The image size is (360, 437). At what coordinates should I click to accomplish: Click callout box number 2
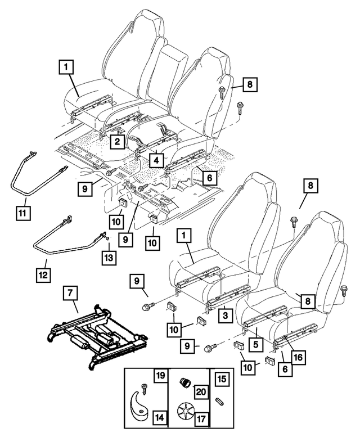pyautogui.click(x=117, y=142)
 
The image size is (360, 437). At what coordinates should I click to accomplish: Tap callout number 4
pyautogui.click(x=154, y=159)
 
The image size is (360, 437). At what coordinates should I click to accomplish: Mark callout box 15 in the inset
pyautogui.click(x=220, y=380)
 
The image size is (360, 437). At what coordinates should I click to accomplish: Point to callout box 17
pyautogui.click(x=200, y=418)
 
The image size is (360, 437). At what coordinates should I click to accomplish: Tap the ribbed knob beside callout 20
pyautogui.click(x=184, y=383)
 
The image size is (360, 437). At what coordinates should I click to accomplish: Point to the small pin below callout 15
pyautogui.click(x=220, y=402)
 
